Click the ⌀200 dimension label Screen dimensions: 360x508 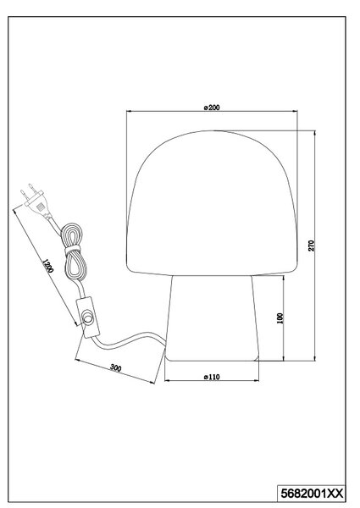point(212,108)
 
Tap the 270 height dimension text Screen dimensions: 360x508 point(311,246)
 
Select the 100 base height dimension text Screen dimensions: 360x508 point(280,318)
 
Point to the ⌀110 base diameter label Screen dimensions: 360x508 point(212,377)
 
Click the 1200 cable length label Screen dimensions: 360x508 point(47,266)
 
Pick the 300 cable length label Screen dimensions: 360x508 point(116,367)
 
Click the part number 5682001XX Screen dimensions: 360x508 point(312,494)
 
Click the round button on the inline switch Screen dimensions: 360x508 point(87,317)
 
